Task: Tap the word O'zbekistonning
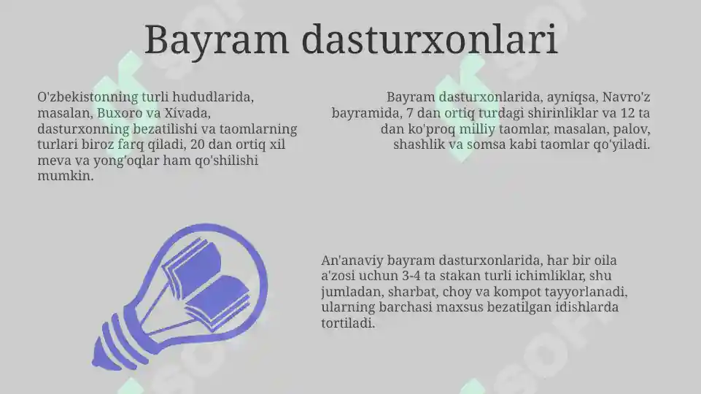coord(87,97)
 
